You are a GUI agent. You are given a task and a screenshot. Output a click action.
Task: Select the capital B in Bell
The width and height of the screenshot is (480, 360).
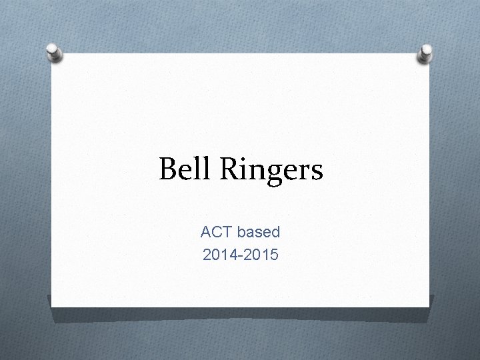pos(168,169)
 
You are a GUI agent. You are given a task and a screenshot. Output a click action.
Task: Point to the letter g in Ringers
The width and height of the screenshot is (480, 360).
pos(272,173)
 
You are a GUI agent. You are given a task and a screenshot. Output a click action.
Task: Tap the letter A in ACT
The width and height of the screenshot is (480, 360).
pos(205,233)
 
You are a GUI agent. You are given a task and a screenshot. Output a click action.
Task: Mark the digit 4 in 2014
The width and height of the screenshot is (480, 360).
pos(229,253)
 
